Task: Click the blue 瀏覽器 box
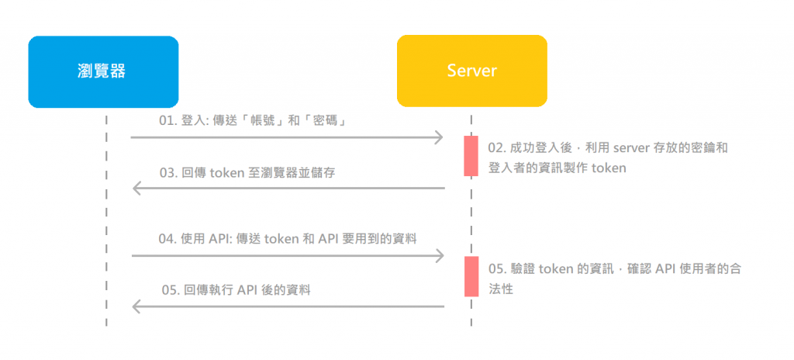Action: (x=103, y=71)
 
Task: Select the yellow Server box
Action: (x=471, y=71)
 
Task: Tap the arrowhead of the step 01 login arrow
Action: (x=438, y=137)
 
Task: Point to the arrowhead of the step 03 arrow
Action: (x=137, y=188)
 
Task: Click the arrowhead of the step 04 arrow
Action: (x=439, y=255)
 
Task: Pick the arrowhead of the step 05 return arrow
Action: (x=137, y=306)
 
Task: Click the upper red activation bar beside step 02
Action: (x=471, y=156)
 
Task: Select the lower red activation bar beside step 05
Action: (x=471, y=276)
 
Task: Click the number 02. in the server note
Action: (x=497, y=147)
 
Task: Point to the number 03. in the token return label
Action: (x=170, y=172)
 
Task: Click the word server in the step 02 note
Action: (x=632, y=147)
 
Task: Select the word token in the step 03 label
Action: (x=225, y=172)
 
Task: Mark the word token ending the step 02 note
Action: (x=609, y=167)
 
